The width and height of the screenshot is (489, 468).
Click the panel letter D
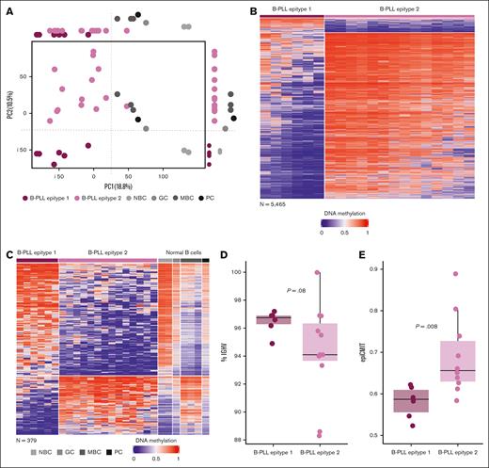click(x=224, y=254)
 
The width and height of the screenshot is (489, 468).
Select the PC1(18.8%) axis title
click(x=90, y=187)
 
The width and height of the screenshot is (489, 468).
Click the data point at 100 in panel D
click(x=318, y=273)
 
